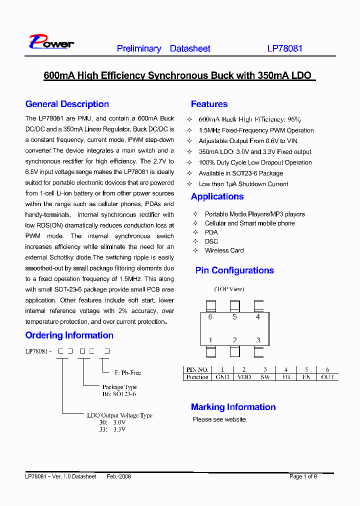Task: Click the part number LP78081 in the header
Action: click(284, 49)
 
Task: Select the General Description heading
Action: click(67, 104)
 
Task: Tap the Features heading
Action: click(209, 104)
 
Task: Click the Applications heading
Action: click(217, 196)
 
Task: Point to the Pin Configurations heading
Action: click(234, 270)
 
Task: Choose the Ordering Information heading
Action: click(69, 335)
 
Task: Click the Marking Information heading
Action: click(233, 407)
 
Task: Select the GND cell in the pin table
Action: click(222, 377)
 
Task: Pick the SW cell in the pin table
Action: click(265, 377)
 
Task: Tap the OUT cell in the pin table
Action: click(327, 377)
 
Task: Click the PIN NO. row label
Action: click(197, 370)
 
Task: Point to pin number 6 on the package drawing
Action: click(210, 317)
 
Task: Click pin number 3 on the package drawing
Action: click(258, 340)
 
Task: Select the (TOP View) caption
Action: click(229, 289)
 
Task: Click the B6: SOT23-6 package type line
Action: click(119, 394)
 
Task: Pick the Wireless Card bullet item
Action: click(224, 250)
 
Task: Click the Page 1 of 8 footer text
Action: click(303, 476)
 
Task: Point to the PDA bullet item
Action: click(211, 232)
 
